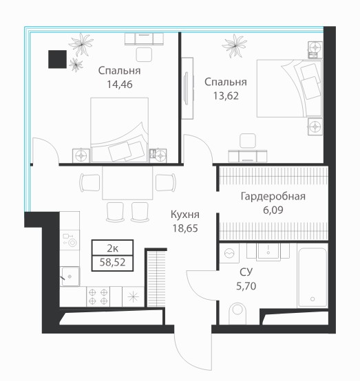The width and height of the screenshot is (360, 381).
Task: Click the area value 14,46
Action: tap(120, 85)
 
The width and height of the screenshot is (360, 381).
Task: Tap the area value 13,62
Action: tap(226, 96)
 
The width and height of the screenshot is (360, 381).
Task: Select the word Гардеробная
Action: tap(273, 196)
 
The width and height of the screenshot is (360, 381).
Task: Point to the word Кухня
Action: tap(185, 215)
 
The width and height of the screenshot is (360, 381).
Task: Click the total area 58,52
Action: tap(112, 263)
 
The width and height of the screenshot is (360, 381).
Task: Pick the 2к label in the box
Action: tap(112, 248)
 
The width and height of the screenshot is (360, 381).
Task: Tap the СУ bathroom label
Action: tap(246, 272)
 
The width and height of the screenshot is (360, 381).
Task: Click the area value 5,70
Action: tap(246, 286)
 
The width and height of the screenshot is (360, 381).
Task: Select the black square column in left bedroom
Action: tap(57, 59)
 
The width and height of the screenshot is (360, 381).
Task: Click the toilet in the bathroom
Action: tap(237, 313)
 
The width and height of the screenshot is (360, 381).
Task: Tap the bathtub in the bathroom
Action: tap(313, 277)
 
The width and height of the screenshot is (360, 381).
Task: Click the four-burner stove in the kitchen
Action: tap(98, 296)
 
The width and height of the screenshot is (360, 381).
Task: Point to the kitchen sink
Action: tap(70, 276)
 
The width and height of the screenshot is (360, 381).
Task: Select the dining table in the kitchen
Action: tap(127, 183)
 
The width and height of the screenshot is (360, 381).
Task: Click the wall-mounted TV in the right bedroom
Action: tap(187, 89)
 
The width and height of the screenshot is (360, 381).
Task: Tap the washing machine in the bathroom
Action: tap(229, 254)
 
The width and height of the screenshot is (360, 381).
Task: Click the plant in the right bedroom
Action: tap(235, 46)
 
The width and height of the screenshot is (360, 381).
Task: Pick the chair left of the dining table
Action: tap(89, 182)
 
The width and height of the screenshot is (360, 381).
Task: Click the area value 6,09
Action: tap(273, 210)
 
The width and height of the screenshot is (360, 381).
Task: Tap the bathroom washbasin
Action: tap(268, 251)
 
